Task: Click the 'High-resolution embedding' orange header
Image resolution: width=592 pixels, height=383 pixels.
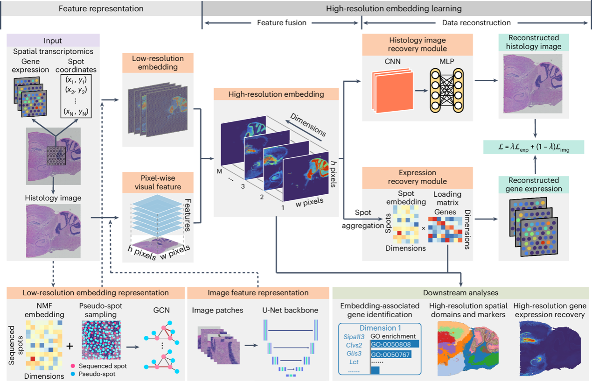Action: (x=276, y=94)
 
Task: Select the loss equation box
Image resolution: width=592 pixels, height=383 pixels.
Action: (x=535, y=148)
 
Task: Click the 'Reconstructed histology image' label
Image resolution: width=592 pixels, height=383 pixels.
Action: (x=534, y=42)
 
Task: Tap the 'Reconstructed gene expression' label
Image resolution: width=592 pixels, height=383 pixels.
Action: (x=534, y=184)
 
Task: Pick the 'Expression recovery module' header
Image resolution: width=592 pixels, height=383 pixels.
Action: (x=418, y=177)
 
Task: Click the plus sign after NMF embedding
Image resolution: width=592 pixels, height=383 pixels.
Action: (x=70, y=346)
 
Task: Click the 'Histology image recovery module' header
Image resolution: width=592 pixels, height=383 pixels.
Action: (x=418, y=44)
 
